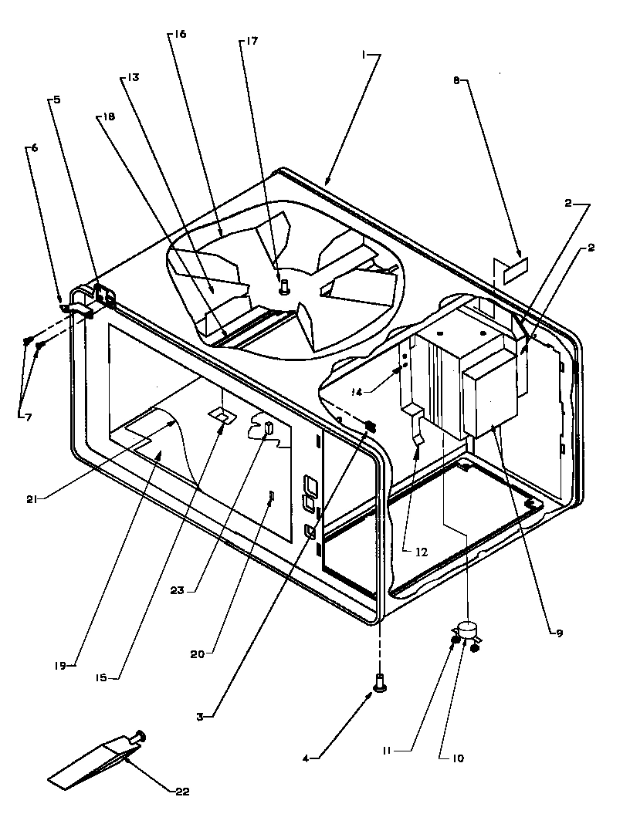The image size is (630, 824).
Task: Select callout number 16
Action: coord(180,35)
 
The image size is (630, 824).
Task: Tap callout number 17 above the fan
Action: coord(252,42)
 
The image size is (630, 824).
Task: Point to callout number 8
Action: coord(456,79)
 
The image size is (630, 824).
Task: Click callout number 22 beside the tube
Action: coord(181,791)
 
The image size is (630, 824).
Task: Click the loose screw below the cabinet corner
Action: coord(379,683)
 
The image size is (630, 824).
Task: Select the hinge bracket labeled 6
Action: coord(75,309)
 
